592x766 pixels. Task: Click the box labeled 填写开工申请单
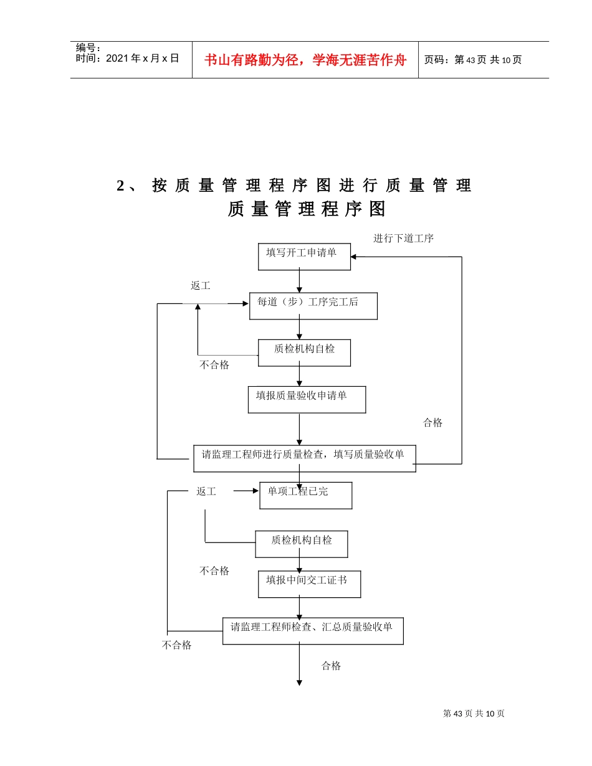[x=304, y=257]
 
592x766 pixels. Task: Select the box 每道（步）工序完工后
[x=313, y=306]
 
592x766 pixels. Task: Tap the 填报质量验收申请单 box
[x=307, y=399]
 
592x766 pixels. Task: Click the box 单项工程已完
[x=305, y=495]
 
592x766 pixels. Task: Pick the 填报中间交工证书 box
[x=309, y=584]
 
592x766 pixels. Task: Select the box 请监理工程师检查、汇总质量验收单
[x=313, y=630]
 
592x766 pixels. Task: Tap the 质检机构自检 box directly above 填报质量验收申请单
[x=304, y=352]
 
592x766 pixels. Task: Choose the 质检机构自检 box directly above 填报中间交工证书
[x=301, y=544]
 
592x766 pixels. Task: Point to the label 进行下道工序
[x=403, y=238]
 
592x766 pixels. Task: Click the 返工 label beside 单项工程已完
[x=206, y=491]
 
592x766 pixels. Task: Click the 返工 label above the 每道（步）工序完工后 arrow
[x=200, y=286]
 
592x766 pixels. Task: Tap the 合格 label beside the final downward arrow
[x=331, y=666]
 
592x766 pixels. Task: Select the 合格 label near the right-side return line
[x=432, y=422]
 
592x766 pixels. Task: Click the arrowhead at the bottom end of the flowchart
[x=299, y=683]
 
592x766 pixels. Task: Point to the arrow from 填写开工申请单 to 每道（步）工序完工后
[x=299, y=281]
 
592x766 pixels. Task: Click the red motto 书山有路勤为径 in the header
[x=305, y=60]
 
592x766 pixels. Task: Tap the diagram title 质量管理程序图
[x=306, y=209]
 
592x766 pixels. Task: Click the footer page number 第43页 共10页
[x=474, y=714]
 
